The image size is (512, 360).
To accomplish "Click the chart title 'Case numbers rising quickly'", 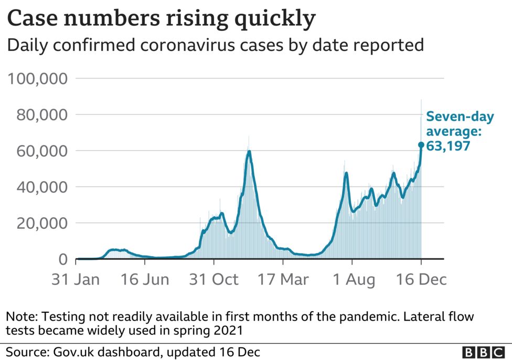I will [161, 19].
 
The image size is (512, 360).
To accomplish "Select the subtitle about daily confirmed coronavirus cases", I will [215, 45].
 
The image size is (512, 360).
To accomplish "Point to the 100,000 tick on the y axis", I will [36, 79].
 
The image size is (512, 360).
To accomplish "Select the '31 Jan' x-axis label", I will [76, 280].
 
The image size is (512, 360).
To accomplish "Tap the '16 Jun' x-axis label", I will [145, 280].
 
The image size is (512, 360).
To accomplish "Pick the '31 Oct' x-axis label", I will [214, 280].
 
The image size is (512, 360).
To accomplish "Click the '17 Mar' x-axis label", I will [283, 280].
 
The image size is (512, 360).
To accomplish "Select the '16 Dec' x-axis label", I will [421, 280].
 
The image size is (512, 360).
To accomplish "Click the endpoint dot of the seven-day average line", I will [421, 145].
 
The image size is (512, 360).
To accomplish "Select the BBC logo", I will [483, 352].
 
